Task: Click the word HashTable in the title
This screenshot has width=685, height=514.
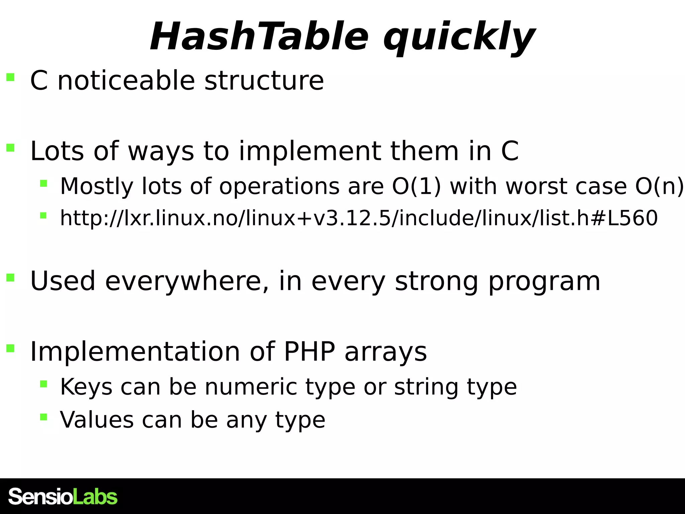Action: [x=259, y=37]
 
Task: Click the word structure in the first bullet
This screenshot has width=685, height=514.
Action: [x=264, y=81]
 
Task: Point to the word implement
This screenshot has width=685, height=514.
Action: [x=309, y=151]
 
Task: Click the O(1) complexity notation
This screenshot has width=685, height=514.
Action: [x=417, y=186]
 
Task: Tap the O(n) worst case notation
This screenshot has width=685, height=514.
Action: [x=659, y=186]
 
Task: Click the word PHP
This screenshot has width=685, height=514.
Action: [x=309, y=352]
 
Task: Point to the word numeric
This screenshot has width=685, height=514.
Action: [x=251, y=387]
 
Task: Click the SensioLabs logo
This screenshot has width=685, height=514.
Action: [x=63, y=497]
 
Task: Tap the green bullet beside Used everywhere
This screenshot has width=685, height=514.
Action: [x=10, y=277]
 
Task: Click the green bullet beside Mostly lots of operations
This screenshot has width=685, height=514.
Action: [x=43, y=183]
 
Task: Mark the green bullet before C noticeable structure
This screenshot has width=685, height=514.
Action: [x=10, y=77]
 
